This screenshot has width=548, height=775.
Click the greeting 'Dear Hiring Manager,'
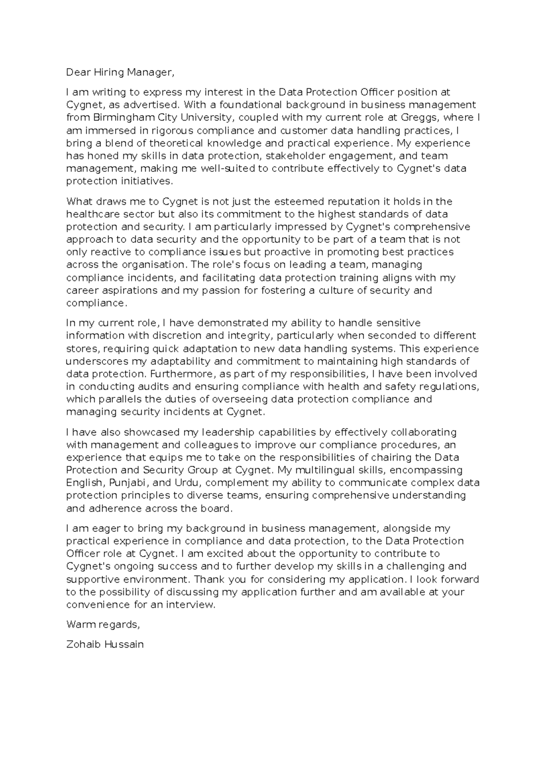pyautogui.click(x=120, y=72)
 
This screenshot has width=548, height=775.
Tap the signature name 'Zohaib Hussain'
pyautogui.click(x=105, y=645)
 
